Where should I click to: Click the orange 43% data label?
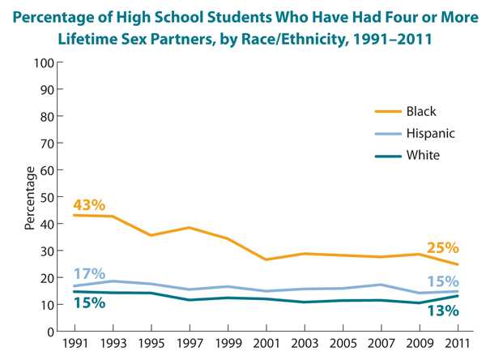pyautogui.click(x=89, y=205)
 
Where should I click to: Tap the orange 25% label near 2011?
pyautogui.click(x=443, y=247)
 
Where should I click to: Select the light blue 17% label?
pyautogui.click(x=89, y=274)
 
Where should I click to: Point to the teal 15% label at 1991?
pyautogui.click(x=89, y=302)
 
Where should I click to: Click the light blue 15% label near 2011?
pyautogui.click(x=443, y=281)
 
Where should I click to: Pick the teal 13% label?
pyautogui.click(x=443, y=309)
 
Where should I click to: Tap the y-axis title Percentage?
pyautogui.click(x=30, y=197)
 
